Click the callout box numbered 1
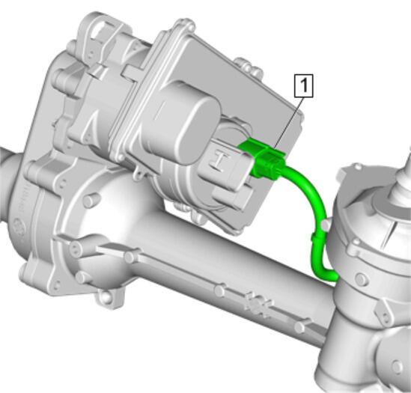pyautogui.click(x=304, y=86)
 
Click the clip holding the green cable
pyautogui.click(x=317, y=237)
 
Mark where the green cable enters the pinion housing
pyautogui.click(x=333, y=275)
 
